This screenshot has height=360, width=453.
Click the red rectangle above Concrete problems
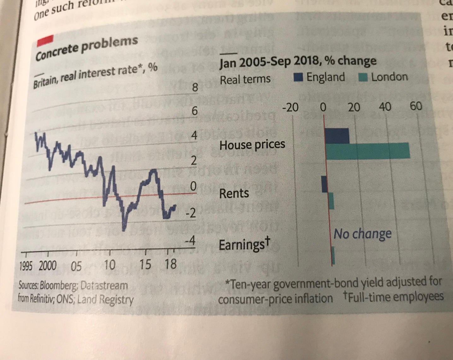pos(45,41)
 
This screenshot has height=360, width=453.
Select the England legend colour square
pos(298,77)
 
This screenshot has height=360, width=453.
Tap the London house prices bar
pos(368,151)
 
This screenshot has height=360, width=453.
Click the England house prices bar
pos(337,136)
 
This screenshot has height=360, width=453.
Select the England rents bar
pos(324,184)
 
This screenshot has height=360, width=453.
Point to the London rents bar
pos(331,201)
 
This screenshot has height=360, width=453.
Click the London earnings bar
pos(333,255)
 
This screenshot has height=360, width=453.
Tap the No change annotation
pos(362,234)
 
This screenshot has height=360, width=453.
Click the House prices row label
pos(252,145)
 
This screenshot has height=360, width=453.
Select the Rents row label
pos(234,193)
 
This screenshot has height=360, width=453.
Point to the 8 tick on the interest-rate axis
pos(195,87)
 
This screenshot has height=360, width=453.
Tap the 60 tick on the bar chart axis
pos(416,106)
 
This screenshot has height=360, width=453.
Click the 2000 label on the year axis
pos(48,266)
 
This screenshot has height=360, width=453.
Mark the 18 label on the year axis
pos(171,264)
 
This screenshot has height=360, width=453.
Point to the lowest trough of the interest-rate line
pos(124,230)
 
